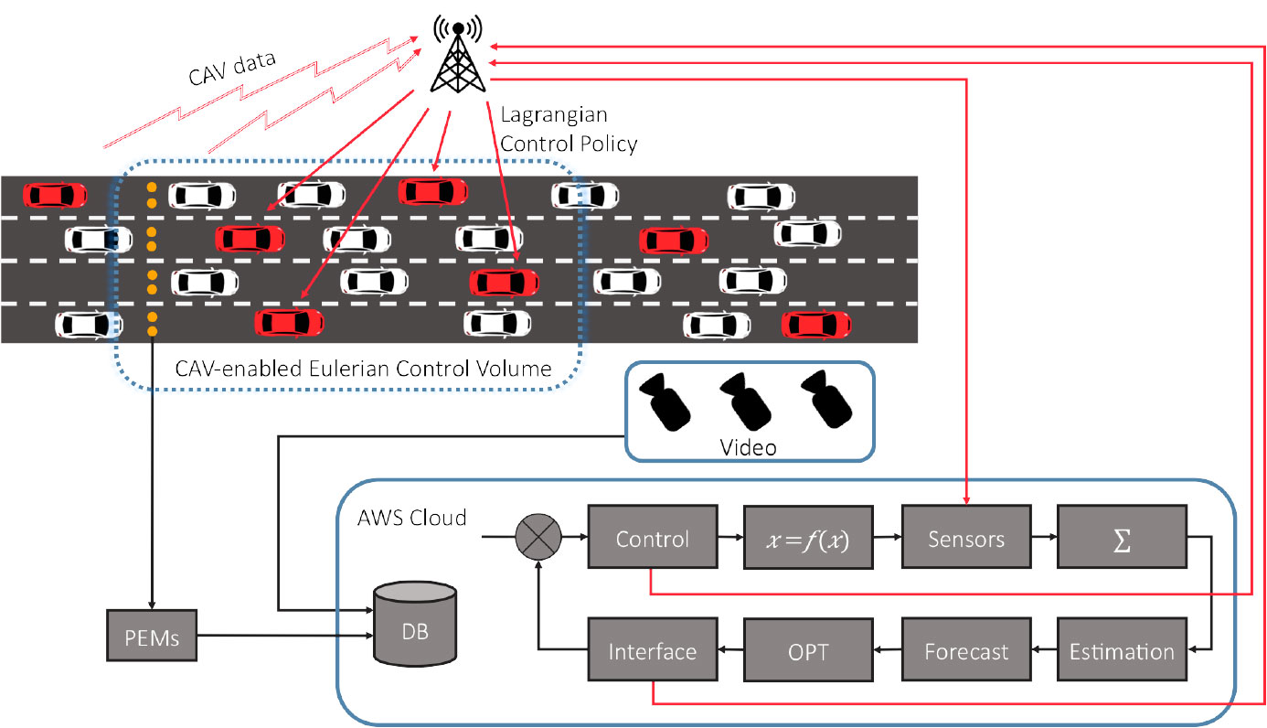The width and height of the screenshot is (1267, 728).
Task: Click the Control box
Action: pos(652,539)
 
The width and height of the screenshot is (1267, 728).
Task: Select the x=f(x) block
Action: pos(808,539)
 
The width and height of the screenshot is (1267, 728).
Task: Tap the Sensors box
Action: pos(966,539)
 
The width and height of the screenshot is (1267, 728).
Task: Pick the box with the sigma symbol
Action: pos(1122,539)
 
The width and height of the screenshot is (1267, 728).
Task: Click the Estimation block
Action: pos(1122,651)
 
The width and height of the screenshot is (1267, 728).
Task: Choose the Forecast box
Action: pos(966,651)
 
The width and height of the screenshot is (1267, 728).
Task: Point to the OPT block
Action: pos(808,651)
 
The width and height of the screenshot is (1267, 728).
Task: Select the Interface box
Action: pos(652,651)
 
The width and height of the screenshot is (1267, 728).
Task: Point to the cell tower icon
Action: pos(458,57)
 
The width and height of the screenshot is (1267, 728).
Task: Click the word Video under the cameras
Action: pos(748,447)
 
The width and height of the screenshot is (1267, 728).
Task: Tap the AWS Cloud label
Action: pos(411,518)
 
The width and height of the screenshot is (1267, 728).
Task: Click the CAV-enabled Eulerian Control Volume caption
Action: pos(363,369)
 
